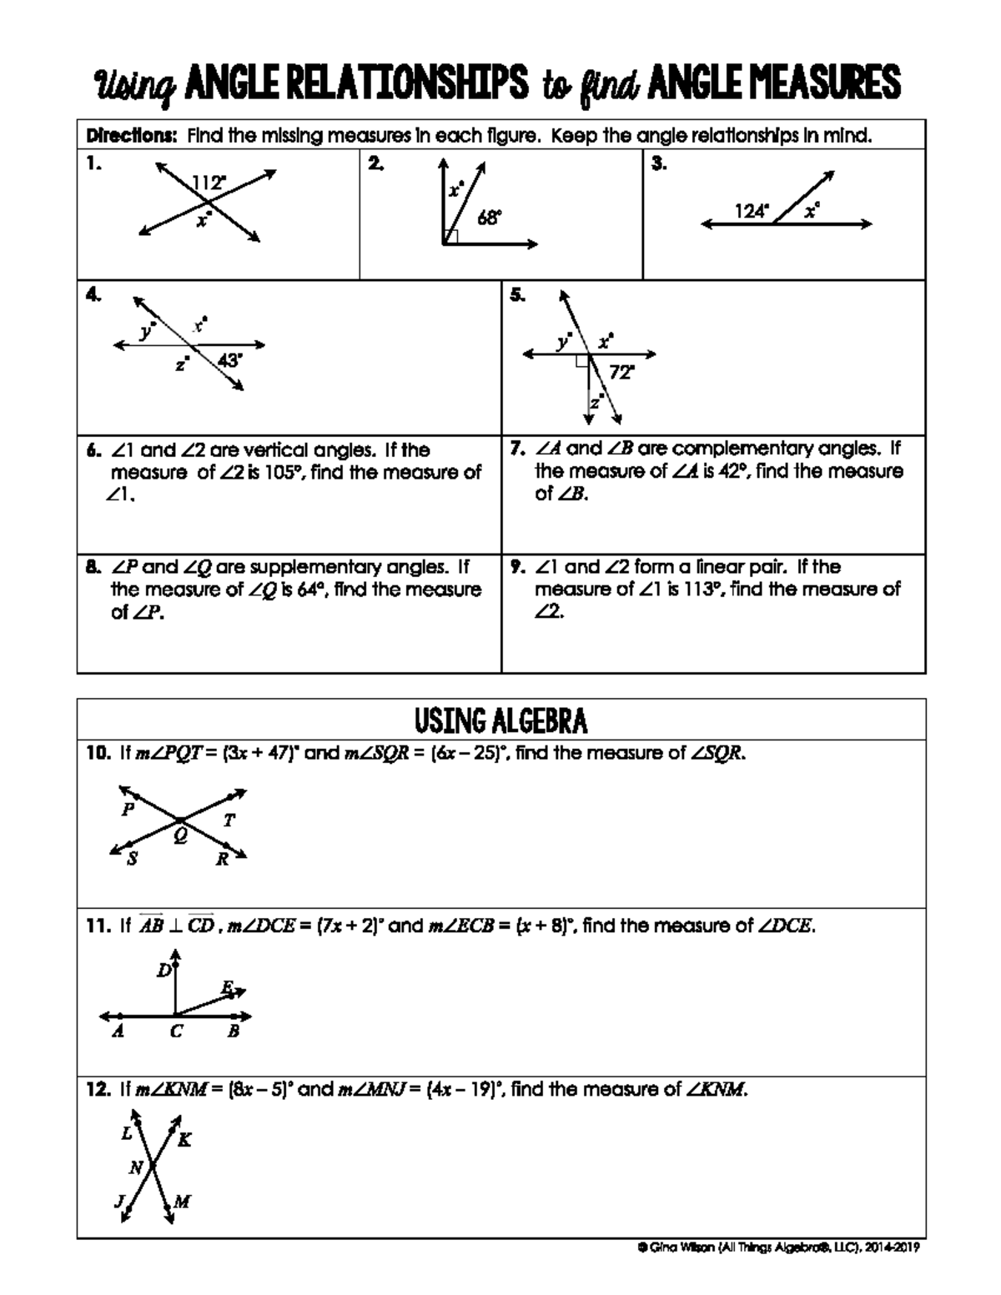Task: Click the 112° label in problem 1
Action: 209,183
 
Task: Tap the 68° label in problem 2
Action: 489,218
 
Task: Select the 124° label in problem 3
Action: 752,212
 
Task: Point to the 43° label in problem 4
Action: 230,360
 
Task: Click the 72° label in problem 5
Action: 621,373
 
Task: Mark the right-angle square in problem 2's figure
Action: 450,237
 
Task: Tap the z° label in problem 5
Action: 596,404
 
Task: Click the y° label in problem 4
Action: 148,331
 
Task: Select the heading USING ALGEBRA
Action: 500,720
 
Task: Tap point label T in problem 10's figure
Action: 229,821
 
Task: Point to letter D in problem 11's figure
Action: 164,971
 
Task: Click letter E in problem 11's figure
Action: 226,987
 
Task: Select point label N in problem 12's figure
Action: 135,1167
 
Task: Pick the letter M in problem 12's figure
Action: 182,1202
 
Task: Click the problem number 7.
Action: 516,449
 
